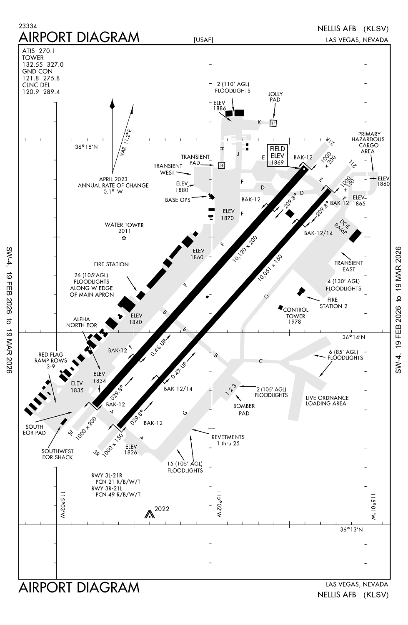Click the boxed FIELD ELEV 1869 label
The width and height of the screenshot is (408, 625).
tap(278, 155)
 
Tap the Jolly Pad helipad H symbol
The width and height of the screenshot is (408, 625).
tap(273, 123)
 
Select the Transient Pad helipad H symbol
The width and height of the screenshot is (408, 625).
tap(222, 165)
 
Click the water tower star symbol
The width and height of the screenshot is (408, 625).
tap(124, 238)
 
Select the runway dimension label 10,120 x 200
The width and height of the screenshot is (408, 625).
tap(245, 249)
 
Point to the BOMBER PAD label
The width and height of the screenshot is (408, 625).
tap(244, 410)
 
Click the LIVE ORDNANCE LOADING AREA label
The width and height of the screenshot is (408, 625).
tap(327, 400)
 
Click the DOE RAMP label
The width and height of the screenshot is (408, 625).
tap(342, 227)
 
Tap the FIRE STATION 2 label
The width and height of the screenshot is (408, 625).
tap(333, 303)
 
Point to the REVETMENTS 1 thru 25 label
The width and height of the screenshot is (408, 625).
tap(228, 440)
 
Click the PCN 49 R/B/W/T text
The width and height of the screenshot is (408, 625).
tap(118, 495)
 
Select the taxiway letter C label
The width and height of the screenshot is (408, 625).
tap(261, 361)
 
